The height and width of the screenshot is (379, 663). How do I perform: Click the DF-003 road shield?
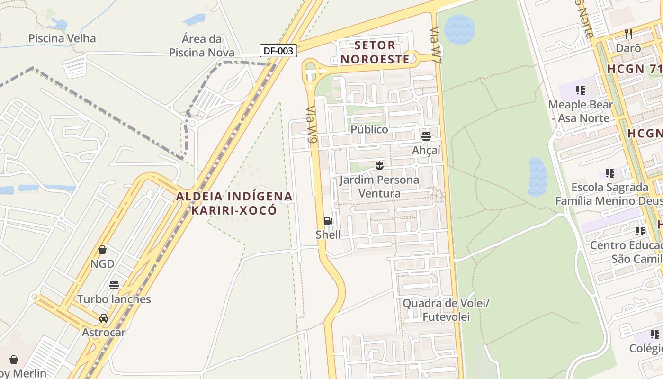278,51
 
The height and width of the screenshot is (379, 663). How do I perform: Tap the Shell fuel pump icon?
328,221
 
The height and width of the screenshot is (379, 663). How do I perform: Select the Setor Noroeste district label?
375,52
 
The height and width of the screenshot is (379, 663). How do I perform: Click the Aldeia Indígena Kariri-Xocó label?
234,203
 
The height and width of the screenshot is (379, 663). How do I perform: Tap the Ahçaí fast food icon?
426,137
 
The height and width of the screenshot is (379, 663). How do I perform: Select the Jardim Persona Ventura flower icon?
379,166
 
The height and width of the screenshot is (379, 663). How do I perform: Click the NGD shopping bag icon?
102,250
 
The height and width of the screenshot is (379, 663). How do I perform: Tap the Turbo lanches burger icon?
114,285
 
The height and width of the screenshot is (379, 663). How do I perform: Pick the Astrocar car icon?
104,318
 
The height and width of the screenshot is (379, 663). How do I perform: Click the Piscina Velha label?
62,38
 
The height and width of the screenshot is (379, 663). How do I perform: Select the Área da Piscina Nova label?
202,45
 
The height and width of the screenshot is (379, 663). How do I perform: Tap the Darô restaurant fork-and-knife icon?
628,34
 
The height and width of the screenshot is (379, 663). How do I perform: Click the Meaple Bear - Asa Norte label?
581,111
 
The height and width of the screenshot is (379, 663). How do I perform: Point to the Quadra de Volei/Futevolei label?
446,310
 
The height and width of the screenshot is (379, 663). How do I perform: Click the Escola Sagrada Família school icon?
609,173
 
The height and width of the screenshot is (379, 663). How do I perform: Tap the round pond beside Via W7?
459,29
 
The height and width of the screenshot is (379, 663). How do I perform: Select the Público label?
369,129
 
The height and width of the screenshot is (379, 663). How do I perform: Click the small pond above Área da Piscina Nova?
195,19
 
